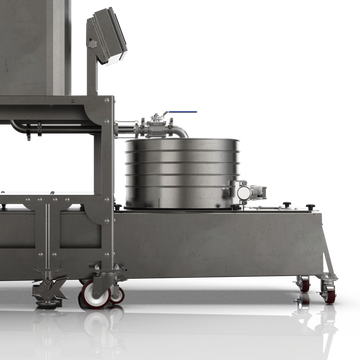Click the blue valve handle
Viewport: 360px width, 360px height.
pyautogui.click(x=179, y=114)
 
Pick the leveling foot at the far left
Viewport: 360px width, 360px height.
pyautogui.click(x=46, y=293)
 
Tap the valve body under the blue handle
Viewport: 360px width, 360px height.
pyautogui.click(x=158, y=125)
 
